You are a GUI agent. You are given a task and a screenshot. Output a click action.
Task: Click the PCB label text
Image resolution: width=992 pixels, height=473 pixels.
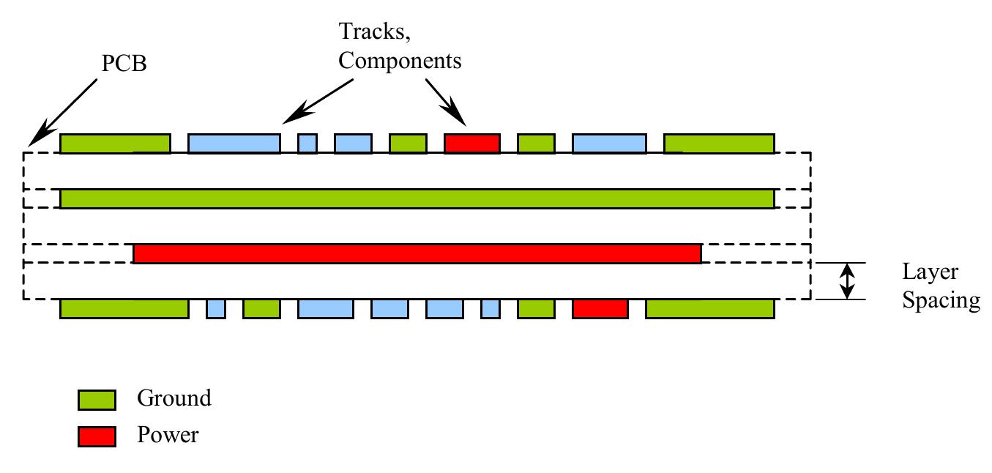pos(124,63)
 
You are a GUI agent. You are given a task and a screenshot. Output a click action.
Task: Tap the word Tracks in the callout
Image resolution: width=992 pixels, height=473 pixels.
pos(372,31)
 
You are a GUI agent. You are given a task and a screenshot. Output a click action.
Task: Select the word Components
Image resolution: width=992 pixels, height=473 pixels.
pos(400,61)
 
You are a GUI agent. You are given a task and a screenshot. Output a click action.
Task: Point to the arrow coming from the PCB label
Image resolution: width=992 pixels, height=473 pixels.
pos(62,113)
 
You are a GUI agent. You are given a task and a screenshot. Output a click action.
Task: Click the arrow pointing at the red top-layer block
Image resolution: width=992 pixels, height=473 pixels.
pos(446,103)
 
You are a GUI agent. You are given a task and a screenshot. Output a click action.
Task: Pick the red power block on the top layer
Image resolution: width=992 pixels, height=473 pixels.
pos(472,144)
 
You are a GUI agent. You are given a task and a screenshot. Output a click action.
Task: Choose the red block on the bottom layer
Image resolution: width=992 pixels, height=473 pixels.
pos(600,309)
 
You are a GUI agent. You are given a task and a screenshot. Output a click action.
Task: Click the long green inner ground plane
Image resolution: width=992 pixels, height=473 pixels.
pos(417,199)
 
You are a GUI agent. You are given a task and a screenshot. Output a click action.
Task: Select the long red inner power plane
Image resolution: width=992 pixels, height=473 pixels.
pos(417,254)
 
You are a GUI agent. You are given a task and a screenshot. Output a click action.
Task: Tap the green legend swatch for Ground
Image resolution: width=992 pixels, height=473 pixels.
pos(97,400)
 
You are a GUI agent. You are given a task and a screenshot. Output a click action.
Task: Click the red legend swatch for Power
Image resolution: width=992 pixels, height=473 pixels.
pos(97,436)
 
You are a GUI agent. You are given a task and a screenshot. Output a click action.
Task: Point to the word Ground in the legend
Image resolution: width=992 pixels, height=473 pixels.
pos(174,398)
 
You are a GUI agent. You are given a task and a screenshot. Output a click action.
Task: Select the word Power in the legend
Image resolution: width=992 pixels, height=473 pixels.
pos(168,434)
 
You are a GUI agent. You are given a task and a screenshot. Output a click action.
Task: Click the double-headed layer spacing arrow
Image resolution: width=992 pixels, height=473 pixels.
pos(847,281)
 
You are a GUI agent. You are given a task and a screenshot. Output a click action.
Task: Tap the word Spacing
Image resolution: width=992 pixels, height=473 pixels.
pos(941,301)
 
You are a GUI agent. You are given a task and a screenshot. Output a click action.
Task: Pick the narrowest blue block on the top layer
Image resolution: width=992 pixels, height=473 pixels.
pos(307,144)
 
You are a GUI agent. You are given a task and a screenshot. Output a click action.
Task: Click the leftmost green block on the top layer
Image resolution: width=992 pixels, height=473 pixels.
pos(115,144)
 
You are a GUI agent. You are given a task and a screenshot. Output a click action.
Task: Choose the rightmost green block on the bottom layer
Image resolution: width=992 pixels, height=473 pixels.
pos(710,309)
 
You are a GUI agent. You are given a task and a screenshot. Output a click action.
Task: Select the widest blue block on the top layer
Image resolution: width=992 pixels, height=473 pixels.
pos(234,144)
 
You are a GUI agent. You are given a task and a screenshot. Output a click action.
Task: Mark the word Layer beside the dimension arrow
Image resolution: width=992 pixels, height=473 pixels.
pos(930,272)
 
